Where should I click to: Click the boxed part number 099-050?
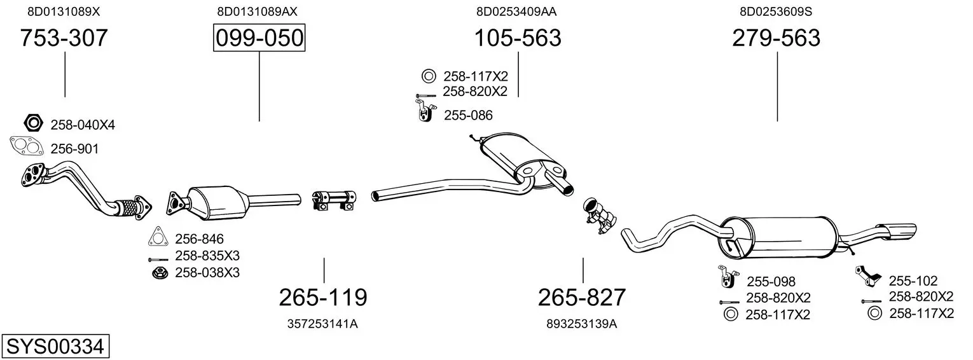pyautogui.click(x=259, y=38)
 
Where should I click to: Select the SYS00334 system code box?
pyautogui.click(x=55, y=347)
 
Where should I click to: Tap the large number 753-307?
pyautogui.click(x=64, y=38)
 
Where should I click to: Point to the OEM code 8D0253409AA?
pyautogui.click(x=516, y=11)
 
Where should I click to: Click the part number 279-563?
pyautogui.click(x=776, y=38)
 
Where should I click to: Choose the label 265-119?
pyautogui.click(x=323, y=298)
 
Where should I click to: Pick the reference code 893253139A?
pyautogui.click(x=582, y=324)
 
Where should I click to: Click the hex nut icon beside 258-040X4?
pyautogui.click(x=34, y=123)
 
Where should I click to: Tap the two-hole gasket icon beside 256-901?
pyautogui.click(x=27, y=146)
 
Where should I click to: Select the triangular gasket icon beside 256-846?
pyautogui.click(x=158, y=236)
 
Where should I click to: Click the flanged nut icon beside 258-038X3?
pyautogui.click(x=160, y=273)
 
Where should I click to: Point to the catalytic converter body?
pyautogui.click(x=217, y=203)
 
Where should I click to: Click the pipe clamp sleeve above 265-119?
pyautogui.click(x=334, y=200)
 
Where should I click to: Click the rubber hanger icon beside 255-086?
pyautogui.click(x=424, y=110)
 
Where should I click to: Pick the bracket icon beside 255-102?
pyautogui.click(x=868, y=276)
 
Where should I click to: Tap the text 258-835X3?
pyautogui.click(x=207, y=255)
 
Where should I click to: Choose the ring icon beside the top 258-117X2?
pyautogui.click(x=428, y=76)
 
